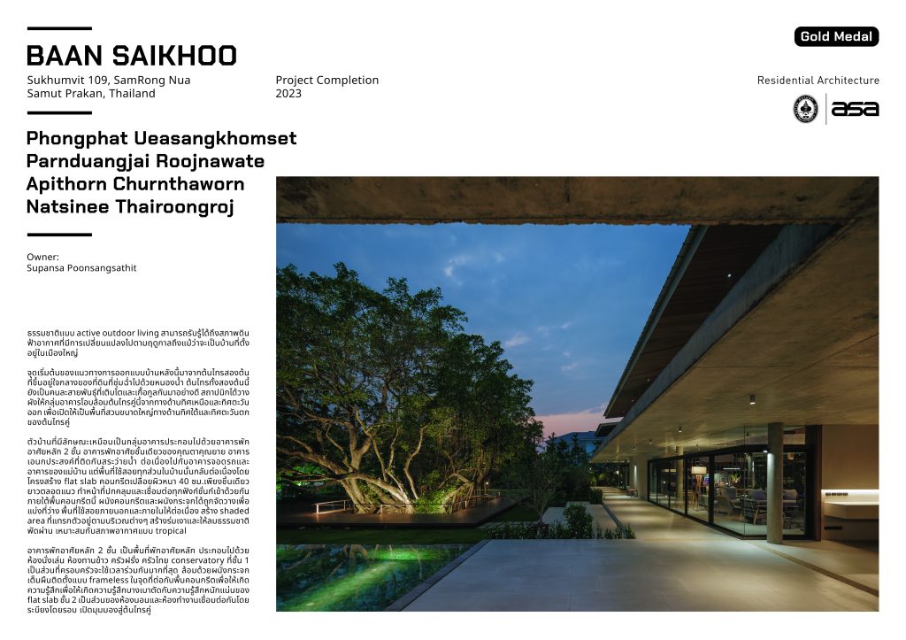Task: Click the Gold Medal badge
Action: [x=836, y=36]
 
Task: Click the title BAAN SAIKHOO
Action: [x=132, y=57]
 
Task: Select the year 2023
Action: [x=288, y=93]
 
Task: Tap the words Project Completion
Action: [x=326, y=80]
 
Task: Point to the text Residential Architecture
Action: [x=818, y=81]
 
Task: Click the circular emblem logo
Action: [x=805, y=109]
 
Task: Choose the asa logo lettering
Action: [x=855, y=109]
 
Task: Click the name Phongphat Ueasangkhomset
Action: [x=161, y=139]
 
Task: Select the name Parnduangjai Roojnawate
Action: [x=145, y=162]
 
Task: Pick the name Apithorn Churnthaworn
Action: [x=135, y=185]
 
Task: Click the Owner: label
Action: [x=43, y=256]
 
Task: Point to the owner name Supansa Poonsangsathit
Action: [x=82, y=267]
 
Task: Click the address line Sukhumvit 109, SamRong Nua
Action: [x=108, y=80]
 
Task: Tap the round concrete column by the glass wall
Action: [x=775, y=482]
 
